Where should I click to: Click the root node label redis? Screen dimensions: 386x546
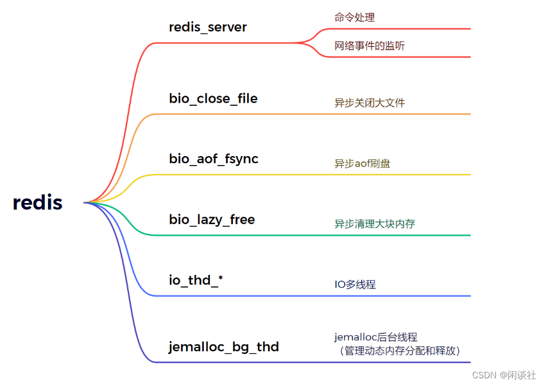click(x=38, y=203)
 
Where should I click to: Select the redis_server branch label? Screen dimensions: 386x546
click(x=208, y=27)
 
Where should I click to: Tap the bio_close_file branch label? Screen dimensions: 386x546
click(x=214, y=98)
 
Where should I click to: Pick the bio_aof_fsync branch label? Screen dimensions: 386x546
click(x=214, y=159)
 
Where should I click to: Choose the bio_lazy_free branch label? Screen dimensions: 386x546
click(x=212, y=220)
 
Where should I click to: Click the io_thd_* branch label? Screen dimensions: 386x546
click(x=196, y=280)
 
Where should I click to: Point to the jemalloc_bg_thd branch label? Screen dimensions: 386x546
click(x=224, y=347)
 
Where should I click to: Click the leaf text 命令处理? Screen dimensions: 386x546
click(x=354, y=17)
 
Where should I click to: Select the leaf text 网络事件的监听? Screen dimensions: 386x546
click(x=369, y=46)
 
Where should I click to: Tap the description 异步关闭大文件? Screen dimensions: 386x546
click(x=369, y=103)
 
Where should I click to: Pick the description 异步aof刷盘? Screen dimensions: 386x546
click(x=362, y=163)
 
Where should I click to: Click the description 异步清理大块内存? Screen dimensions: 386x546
click(x=374, y=224)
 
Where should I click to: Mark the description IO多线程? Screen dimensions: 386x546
click(x=355, y=284)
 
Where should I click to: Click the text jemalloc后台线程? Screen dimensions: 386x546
click(x=375, y=337)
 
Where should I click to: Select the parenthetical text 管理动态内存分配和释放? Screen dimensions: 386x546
click(x=400, y=351)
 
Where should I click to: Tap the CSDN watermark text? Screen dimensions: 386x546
click(x=504, y=375)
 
